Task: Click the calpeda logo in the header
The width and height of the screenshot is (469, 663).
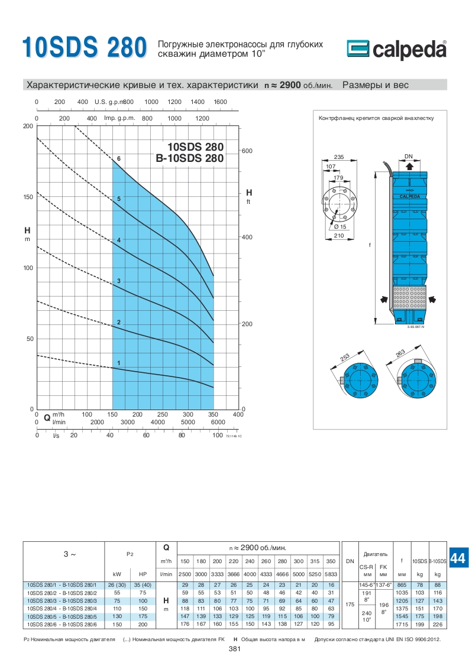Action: coord(397,49)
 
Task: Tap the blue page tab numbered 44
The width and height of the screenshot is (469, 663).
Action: coord(458,558)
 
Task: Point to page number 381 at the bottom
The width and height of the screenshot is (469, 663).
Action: coord(234,649)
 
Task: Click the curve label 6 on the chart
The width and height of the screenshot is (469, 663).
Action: coord(119,158)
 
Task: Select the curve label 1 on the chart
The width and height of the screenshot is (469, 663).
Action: coord(119,363)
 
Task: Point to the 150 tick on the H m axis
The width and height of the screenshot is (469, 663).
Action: coord(28,197)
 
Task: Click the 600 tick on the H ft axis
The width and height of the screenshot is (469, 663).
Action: coord(247,151)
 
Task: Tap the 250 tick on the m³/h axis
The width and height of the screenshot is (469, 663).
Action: coord(163,414)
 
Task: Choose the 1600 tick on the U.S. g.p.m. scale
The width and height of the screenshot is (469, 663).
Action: coord(221,102)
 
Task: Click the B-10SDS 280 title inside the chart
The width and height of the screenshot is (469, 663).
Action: coord(190,158)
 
